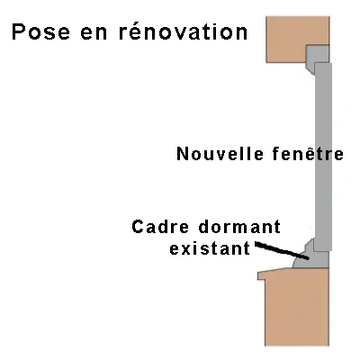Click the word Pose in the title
tap(40, 32)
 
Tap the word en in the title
tap(94, 33)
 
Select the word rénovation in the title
tap(184, 31)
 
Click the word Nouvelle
tap(220, 154)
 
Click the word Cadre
tap(160, 227)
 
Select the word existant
tap(210, 248)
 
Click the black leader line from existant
tap(282, 250)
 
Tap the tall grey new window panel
tap(323, 157)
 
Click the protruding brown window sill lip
tap(272, 274)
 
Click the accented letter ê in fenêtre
tap(313, 153)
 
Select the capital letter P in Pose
tap(19, 32)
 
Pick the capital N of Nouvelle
tap(183, 154)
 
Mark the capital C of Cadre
tap(139, 227)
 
